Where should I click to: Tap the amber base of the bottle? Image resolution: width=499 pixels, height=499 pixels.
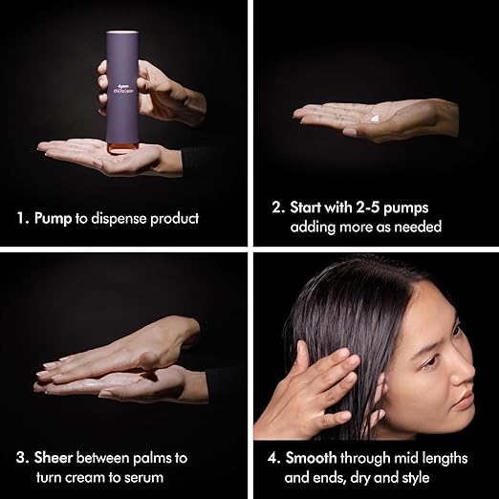tap(122, 148)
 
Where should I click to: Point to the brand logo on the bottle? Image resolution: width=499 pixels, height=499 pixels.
tap(122, 89)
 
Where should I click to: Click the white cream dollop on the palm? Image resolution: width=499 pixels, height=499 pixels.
tap(376, 118)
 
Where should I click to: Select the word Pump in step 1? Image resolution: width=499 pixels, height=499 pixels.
tap(53, 219)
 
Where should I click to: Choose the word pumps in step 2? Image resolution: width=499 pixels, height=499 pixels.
tap(405, 208)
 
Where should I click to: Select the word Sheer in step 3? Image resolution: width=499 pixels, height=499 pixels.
tap(54, 458)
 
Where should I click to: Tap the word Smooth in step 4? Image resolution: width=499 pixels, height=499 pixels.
tap(311, 458)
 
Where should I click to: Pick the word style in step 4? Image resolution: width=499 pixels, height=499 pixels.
tap(413, 478)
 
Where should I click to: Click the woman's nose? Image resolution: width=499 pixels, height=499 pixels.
tap(462, 375)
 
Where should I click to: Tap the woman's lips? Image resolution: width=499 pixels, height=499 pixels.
tap(464, 403)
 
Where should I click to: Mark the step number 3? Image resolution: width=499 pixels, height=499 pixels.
tap(22, 458)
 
